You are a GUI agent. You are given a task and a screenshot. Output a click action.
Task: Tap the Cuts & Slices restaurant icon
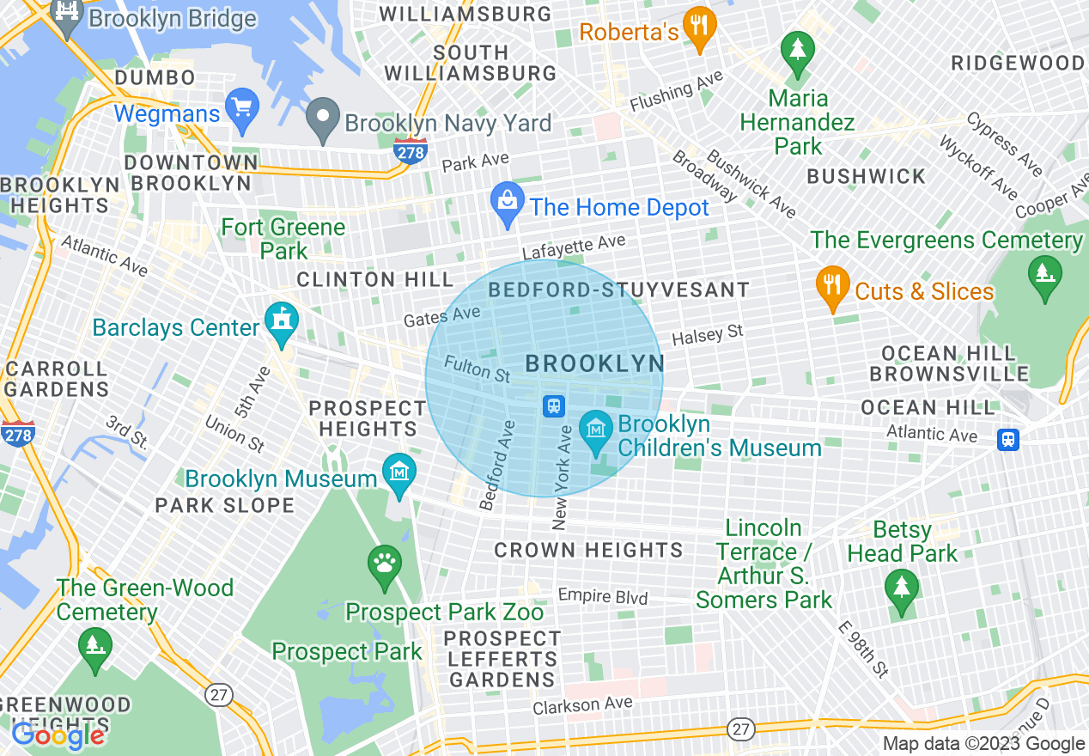(x=831, y=287)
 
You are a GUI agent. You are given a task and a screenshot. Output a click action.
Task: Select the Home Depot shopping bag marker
(x=507, y=204)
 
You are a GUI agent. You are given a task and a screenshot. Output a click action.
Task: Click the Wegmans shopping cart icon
(x=242, y=109)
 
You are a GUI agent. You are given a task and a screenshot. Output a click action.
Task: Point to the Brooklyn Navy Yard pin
(x=324, y=120)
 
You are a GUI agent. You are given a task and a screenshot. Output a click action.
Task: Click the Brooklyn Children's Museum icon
(x=594, y=430)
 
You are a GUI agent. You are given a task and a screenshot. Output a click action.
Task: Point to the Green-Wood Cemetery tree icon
(x=94, y=646)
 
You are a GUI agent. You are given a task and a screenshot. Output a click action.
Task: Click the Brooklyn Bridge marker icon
(x=66, y=14)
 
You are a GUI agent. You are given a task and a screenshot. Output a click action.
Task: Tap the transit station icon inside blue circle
(x=554, y=405)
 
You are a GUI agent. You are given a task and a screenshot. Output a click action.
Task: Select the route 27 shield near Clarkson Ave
(x=741, y=729)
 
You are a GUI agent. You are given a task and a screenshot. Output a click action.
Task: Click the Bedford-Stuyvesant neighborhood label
(x=618, y=290)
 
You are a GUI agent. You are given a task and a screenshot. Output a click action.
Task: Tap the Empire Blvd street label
(x=602, y=595)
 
